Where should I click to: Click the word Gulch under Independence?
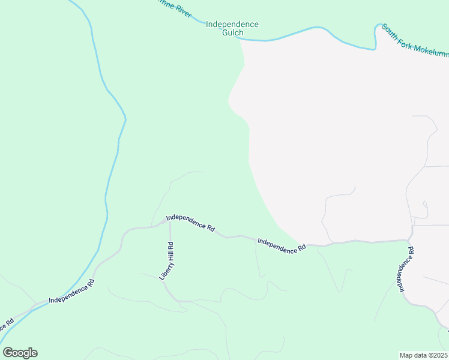(x=232, y=33)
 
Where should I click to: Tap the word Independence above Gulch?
(x=232, y=25)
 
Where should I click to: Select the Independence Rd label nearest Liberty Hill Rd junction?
(x=191, y=223)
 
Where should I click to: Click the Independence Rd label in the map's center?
(x=281, y=245)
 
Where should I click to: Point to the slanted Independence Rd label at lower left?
(x=71, y=291)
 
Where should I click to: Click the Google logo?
(x=20, y=353)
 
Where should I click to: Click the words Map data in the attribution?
(x=412, y=355)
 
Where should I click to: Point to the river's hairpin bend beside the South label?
(x=378, y=27)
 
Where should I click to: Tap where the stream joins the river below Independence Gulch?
(x=240, y=38)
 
